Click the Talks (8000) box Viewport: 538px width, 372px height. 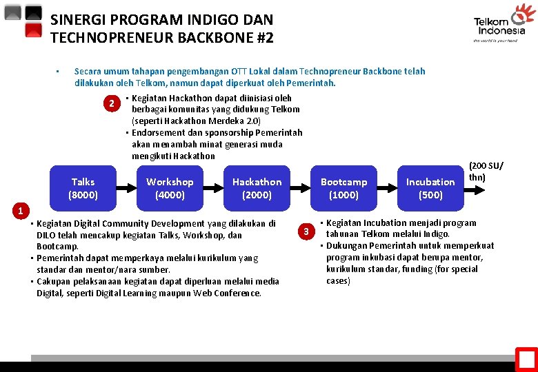(x=83, y=188)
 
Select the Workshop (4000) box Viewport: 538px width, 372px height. (x=170, y=188)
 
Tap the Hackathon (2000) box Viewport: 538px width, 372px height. (x=257, y=188)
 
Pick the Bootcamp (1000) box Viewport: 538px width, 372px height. (x=343, y=188)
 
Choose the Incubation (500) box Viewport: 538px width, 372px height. (x=430, y=188)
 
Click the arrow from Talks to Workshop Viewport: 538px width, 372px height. (x=126, y=188)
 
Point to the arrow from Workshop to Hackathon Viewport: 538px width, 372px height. (x=213, y=188)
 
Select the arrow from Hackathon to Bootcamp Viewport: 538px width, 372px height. (x=300, y=188)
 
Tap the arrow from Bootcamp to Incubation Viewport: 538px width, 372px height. (x=387, y=188)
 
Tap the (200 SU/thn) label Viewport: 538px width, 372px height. (x=486, y=172)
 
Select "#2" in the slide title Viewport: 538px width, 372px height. (x=264, y=37)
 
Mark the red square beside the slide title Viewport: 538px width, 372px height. (x=33, y=30)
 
